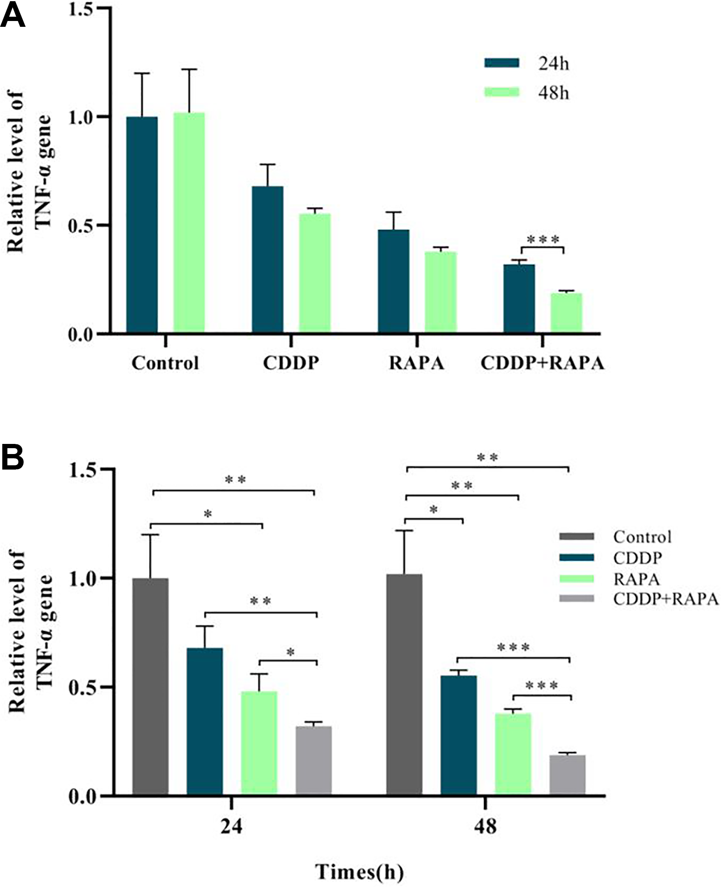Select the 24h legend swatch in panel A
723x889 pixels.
(502, 63)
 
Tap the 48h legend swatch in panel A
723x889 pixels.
(502, 92)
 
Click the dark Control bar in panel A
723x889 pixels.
(142, 224)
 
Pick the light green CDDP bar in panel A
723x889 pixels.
(315, 273)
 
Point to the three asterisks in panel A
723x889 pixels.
(543, 239)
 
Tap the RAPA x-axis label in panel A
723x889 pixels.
(416, 363)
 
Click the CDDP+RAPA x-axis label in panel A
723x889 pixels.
(542, 363)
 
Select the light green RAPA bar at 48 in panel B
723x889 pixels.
(513, 753)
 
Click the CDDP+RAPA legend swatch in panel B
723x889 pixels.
(577, 598)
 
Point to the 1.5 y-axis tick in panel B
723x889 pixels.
(82, 470)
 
